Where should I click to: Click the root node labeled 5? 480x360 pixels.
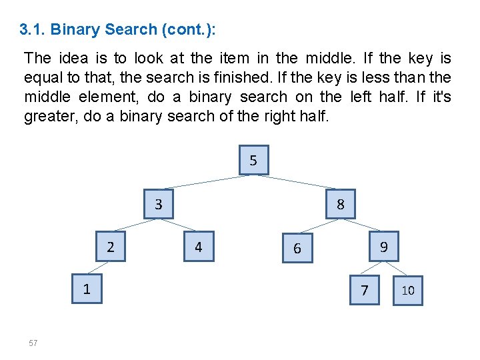[x=253, y=160]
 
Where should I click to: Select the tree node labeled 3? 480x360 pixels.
[x=159, y=204]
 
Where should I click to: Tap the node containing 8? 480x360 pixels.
[x=341, y=204]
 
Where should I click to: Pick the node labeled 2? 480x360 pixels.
[x=111, y=247]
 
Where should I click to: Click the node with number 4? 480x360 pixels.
[x=198, y=247]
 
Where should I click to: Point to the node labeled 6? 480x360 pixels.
[x=297, y=248]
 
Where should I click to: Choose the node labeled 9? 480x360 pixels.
[x=383, y=247]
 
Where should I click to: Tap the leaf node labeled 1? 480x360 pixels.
[x=87, y=289]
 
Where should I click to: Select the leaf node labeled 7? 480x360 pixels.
[x=364, y=290]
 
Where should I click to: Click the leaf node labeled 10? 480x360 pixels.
[x=408, y=291]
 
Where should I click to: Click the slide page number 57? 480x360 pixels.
[x=33, y=343]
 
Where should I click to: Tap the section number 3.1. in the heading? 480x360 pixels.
[x=33, y=30]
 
